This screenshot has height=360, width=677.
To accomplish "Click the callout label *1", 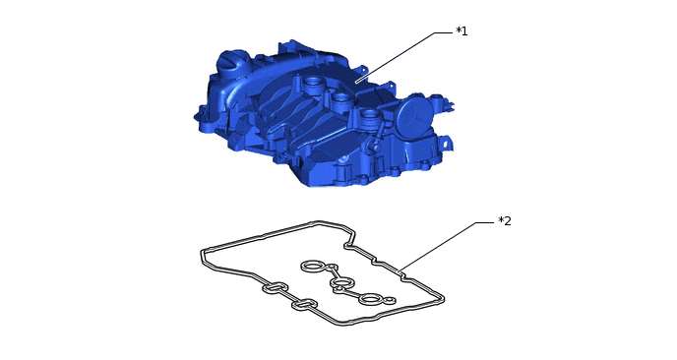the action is click(x=462, y=31).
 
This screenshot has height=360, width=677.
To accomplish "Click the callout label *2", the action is click(x=505, y=221).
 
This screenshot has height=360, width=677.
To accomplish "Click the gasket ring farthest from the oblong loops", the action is click(x=312, y=268).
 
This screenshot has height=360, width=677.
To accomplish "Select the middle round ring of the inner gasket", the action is click(x=341, y=283).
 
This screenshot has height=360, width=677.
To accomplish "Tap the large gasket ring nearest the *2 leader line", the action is click(x=370, y=299).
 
